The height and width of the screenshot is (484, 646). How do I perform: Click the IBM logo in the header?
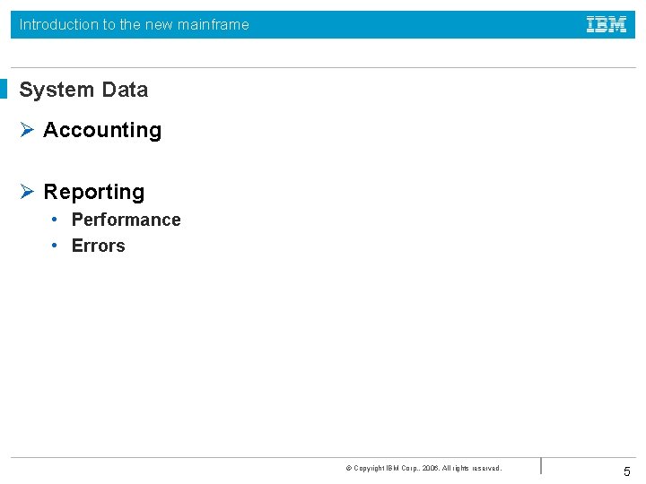click(x=607, y=25)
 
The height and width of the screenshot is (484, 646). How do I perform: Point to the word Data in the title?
click(x=125, y=90)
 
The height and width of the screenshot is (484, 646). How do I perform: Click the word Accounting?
click(x=102, y=131)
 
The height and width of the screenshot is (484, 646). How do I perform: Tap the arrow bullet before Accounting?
click(x=26, y=130)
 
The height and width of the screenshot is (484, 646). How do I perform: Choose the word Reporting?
click(x=93, y=192)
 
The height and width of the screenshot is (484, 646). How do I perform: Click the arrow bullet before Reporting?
click(x=26, y=192)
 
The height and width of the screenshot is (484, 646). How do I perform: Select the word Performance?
click(x=126, y=220)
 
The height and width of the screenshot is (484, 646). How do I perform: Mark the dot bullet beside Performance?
click(x=55, y=219)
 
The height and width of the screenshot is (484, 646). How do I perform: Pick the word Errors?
click(x=98, y=246)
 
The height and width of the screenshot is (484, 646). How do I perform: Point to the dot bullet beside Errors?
click(x=55, y=245)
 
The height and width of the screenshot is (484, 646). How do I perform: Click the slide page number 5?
click(x=627, y=471)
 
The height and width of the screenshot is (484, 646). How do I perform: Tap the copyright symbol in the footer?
click(x=348, y=468)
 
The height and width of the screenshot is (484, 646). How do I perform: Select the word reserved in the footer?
click(x=484, y=468)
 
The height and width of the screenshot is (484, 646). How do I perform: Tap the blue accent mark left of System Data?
click(x=4, y=89)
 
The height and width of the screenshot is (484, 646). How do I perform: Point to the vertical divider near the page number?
click(x=541, y=465)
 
